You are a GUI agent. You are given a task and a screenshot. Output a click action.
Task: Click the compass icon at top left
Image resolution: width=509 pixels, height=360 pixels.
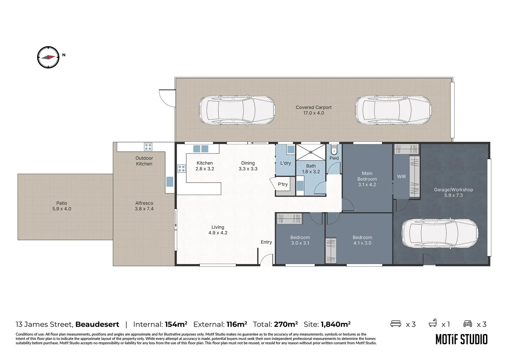coord(48,57)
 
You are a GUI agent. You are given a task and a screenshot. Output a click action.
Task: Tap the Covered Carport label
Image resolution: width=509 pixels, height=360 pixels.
coord(313,110)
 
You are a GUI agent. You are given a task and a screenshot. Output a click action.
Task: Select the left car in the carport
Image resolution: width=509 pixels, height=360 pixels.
coord(237,111)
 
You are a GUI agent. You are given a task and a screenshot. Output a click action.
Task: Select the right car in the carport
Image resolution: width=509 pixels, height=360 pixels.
coord(393,111)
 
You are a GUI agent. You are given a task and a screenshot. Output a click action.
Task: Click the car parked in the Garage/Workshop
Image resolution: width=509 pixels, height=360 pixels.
coord(440,233)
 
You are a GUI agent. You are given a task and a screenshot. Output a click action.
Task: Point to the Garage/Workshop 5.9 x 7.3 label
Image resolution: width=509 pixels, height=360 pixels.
coord(453,192)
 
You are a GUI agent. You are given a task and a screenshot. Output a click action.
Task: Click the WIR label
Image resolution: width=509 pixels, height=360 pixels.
coord(401,177)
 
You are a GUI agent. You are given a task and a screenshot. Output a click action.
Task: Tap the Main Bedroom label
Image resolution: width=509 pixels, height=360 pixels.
coord(367,179)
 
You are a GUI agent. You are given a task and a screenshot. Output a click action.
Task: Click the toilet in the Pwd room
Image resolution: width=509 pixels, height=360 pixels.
coord(334,151)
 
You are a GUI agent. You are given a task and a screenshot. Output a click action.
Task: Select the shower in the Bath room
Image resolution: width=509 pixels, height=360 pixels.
coord(310,152)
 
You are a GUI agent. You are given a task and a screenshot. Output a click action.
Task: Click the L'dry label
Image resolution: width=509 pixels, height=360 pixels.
coord(285,163)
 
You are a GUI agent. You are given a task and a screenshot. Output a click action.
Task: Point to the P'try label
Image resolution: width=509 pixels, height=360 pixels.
coord(282,184)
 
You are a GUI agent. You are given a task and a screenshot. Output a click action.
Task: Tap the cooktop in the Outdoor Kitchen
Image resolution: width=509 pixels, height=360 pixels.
coord(148,147)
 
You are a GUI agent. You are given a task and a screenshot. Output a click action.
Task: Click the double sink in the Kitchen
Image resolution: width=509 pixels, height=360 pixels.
coord(201,149)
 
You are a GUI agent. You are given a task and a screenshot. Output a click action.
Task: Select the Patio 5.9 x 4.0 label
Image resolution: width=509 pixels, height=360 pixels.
coord(62,206)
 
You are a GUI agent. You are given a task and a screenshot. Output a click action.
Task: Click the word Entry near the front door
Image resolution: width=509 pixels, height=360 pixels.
coord(266,242)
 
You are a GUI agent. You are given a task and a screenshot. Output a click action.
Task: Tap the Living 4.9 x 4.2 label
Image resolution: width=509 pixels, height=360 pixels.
coord(218,230)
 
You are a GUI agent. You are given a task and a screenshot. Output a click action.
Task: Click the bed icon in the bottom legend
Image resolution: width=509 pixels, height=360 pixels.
coord(395,324)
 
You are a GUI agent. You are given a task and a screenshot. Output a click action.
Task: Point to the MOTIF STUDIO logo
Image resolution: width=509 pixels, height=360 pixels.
coord(461,339)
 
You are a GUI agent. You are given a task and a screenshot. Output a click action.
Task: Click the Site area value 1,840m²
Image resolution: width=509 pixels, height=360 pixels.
coord(335,324)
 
